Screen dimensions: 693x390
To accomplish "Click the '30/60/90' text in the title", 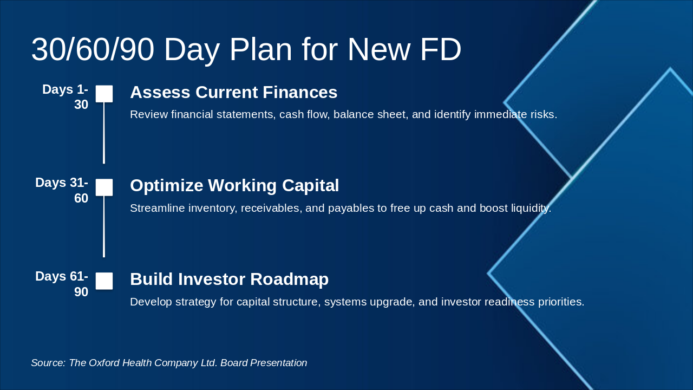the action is tap(93, 49).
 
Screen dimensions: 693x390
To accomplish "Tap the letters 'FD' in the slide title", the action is tap(441, 49).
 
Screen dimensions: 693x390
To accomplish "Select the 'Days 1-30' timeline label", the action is tap(66, 97).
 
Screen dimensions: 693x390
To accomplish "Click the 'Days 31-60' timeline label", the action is tap(62, 190).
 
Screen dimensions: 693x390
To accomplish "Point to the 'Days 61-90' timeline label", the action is tap(62, 284).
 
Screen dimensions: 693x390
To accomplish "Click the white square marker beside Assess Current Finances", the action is tap(104, 94).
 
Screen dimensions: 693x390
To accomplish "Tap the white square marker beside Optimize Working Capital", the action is tap(104, 187).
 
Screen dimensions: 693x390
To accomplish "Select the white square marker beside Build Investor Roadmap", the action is tap(104, 281).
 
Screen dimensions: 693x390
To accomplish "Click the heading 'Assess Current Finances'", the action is tap(233, 92).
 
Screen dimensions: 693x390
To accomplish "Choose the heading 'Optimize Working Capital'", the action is tap(234, 186).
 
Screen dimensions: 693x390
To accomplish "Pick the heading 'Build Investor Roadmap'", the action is tap(229, 279).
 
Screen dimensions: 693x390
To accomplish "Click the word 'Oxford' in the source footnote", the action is tap(104, 363).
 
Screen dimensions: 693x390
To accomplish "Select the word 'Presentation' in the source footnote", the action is tap(278, 363).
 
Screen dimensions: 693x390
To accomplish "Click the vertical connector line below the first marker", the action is tap(104, 133).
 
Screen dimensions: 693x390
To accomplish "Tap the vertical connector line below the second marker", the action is tap(104, 226).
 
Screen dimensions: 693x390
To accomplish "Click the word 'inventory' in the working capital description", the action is tap(213, 209).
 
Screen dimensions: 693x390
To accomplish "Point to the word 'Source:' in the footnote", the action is tap(48, 363).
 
